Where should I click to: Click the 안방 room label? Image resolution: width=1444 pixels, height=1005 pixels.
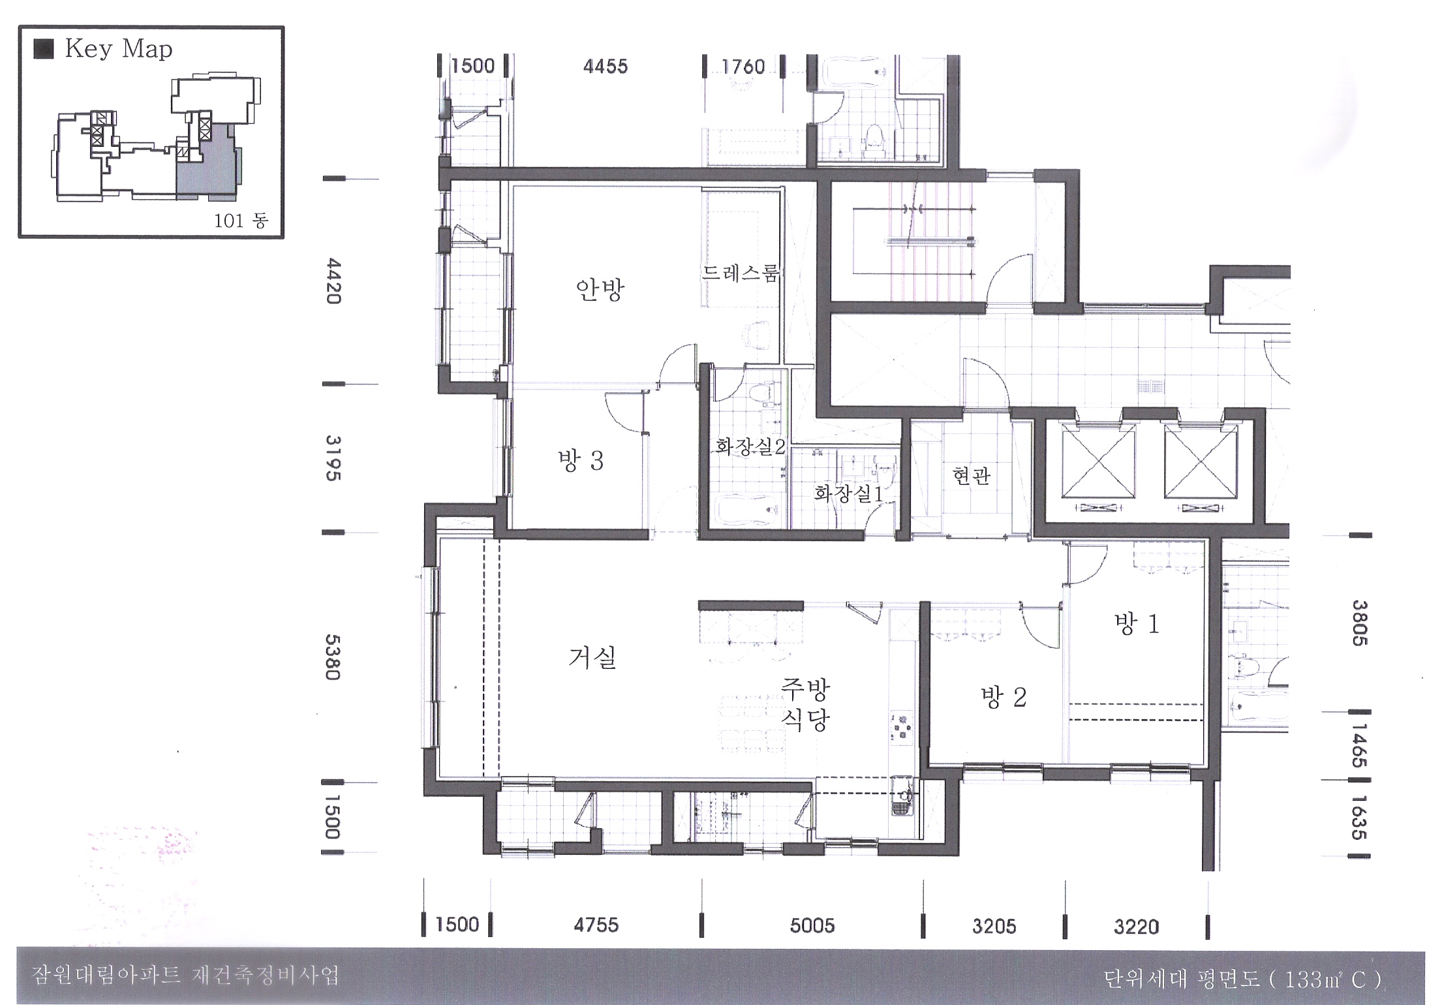[600, 289]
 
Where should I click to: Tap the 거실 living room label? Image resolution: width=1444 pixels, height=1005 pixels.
[592, 658]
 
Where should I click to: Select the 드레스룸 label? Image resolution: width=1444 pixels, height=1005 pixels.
[740, 273]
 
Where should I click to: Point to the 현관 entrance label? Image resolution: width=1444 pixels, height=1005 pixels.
[972, 476]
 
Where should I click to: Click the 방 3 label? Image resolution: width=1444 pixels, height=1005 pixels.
[581, 461]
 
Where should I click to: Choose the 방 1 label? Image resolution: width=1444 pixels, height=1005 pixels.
[1137, 624]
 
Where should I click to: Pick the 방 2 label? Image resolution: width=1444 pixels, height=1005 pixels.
[1004, 698]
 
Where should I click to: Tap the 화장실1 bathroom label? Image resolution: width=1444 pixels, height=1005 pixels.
[848, 493]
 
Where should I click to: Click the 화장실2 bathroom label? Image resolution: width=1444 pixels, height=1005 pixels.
[750, 446]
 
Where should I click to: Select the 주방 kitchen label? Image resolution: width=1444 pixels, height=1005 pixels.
[805, 688]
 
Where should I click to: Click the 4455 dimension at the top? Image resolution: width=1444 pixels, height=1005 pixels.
[606, 67]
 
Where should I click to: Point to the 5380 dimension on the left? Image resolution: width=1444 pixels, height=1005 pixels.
[333, 657]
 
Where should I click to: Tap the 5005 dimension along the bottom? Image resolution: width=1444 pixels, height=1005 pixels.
[812, 925]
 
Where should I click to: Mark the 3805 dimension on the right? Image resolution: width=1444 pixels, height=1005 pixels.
[1359, 623]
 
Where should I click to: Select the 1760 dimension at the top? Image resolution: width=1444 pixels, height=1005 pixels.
[743, 67]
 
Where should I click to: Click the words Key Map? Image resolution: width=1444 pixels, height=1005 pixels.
[119, 50]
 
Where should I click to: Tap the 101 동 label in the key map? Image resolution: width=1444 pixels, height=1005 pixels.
[241, 221]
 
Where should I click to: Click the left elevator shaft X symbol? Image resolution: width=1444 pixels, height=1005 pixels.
[1098, 464]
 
